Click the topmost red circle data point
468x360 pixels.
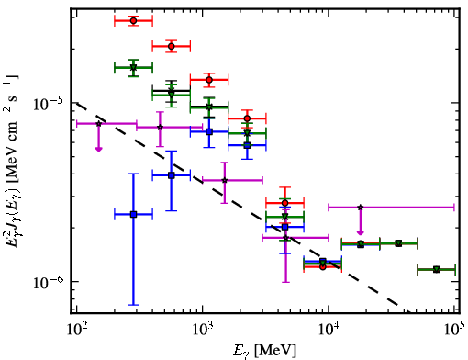tap(133, 21)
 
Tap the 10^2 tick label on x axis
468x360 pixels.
tap(76, 329)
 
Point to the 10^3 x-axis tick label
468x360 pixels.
tap(203, 329)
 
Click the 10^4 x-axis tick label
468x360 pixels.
tap(329, 329)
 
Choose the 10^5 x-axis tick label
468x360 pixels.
tap(454, 329)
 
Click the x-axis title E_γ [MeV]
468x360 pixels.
tap(264, 351)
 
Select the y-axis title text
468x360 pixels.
tap(11, 161)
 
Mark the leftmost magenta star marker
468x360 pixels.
tap(98, 124)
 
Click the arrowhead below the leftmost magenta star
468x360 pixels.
tap(98, 149)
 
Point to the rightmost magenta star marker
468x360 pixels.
tap(361, 208)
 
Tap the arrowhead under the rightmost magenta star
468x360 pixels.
tap(361, 233)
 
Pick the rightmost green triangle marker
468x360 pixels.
tap(437, 270)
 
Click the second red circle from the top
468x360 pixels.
tap(172, 47)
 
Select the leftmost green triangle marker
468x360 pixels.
tap(133, 68)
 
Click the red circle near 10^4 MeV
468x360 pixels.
tap(323, 266)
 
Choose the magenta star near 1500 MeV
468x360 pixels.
tap(225, 180)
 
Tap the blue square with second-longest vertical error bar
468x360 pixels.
tap(172, 175)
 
